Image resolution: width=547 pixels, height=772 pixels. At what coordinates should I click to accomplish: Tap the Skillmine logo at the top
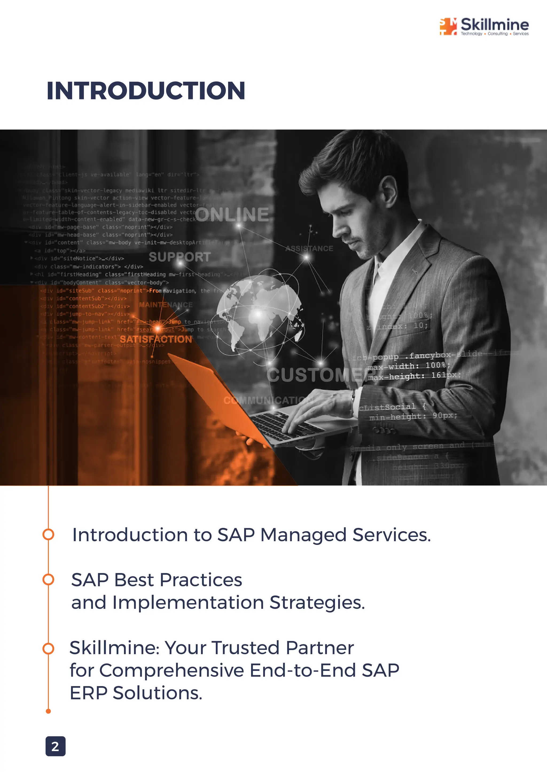click(x=484, y=26)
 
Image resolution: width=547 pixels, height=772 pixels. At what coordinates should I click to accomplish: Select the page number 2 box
click(x=55, y=746)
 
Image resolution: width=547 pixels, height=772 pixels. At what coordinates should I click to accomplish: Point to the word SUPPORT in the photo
click(x=179, y=257)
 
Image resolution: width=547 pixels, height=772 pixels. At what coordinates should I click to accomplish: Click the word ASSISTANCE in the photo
click(x=309, y=249)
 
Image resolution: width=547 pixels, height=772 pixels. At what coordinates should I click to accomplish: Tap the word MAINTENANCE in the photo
click(x=166, y=305)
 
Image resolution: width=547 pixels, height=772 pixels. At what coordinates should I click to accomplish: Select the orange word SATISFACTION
click(x=156, y=339)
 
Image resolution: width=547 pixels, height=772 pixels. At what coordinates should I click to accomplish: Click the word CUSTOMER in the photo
click(x=317, y=375)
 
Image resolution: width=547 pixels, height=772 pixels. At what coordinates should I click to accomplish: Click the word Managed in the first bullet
click(x=303, y=535)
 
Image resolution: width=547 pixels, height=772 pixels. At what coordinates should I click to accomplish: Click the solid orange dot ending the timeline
click(x=48, y=711)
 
